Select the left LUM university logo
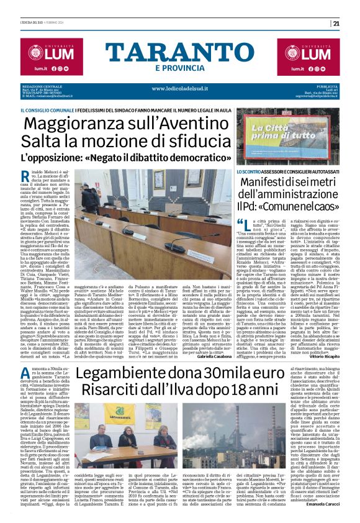(42, 52)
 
